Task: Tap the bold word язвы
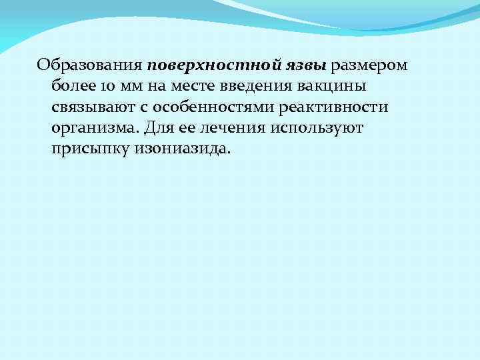(x=304, y=66)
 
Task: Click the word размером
(x=369, y=66)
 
